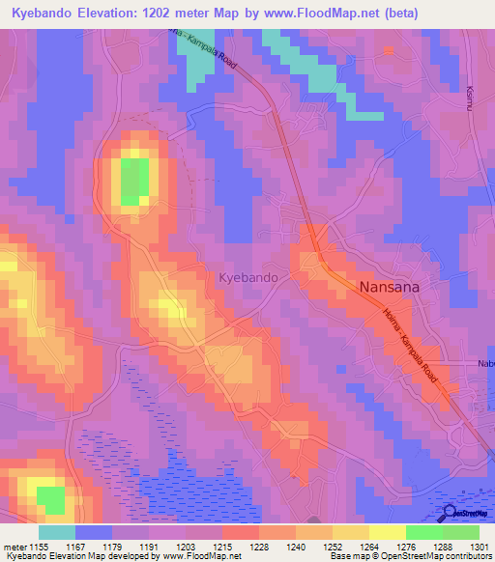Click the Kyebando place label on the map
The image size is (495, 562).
coord(249,277)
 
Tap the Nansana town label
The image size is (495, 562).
coord(392,287)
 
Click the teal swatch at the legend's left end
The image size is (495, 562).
coord(57,531)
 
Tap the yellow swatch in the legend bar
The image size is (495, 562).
coord(387,531)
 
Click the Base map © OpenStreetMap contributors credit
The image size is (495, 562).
coord(409,556)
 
